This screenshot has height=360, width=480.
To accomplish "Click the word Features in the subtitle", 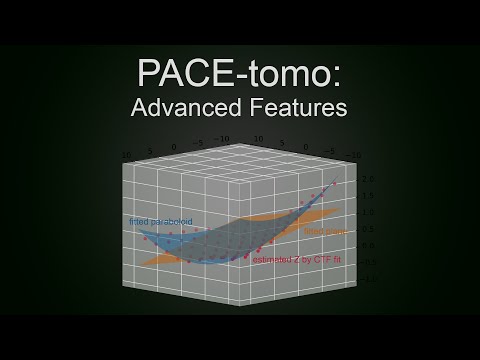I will click(x=297, y=109).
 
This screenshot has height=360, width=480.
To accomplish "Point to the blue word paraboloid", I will click(x=172, y=220).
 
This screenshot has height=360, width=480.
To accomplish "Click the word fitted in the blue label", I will click(x=138, y=220).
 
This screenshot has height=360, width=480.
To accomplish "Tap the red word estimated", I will click(x=272, y=260).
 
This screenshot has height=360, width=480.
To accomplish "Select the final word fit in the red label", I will click(x=335, y=260).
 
